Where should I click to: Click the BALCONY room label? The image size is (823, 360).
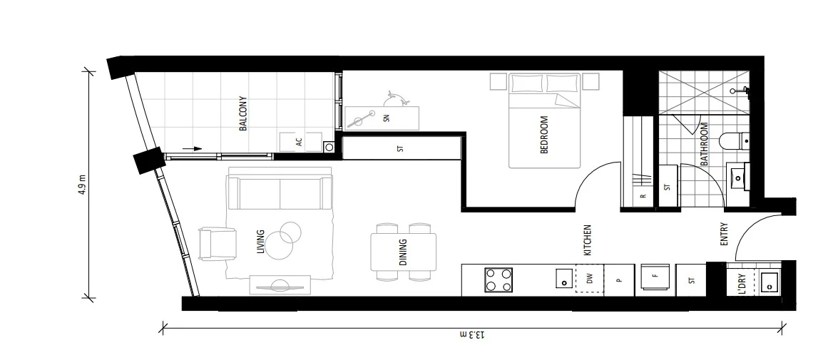[243, 113]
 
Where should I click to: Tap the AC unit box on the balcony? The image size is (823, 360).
[300, 141]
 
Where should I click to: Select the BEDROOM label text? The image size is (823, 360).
[543, 135]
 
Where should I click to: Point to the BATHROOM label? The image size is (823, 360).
[705, 145]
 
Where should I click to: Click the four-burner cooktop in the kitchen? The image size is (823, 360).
[499, 279]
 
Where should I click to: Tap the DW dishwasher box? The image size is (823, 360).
[589, 279]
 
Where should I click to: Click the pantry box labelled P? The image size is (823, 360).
[619, 279]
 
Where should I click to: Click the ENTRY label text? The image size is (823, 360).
[724, 235]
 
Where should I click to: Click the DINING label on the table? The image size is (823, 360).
[403, 252]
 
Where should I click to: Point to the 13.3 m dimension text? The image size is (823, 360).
[472, 334]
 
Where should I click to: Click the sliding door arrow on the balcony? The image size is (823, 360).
[192, 148]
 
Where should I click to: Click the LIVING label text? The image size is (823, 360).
[260, 242]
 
